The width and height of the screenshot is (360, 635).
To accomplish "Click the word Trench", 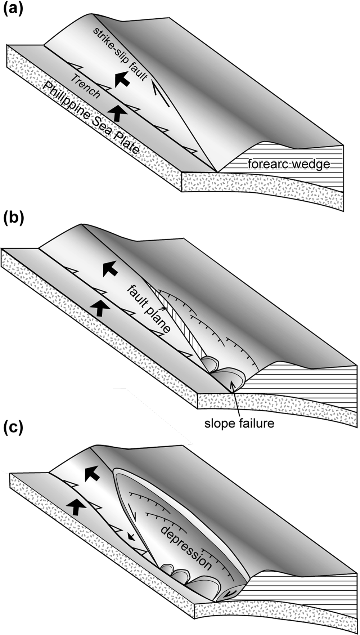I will click(x=85, y=86).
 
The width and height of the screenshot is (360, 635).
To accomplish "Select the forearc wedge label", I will click(x=289, y=164).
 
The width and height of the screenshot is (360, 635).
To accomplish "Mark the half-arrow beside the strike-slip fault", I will click(x=161, y=93).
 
